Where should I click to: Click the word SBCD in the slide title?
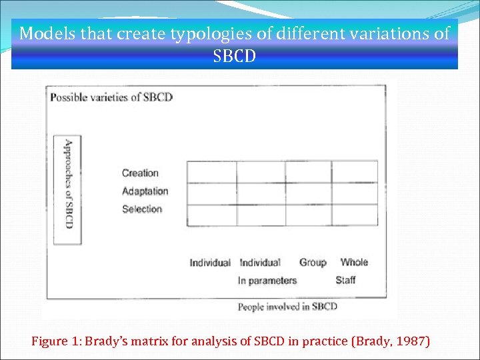click(x=234, y=55)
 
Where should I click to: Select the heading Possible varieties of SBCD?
click(x=111, y=97)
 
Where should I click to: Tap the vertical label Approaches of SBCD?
click(x=67, y=184)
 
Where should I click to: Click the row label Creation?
click(x=140, y=173)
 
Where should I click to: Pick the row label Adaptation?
click(x=145, y=191)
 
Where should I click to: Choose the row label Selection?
click(x=142, y=209)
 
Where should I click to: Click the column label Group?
click(x=313, y=263)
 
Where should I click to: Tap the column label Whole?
click(x=354, y=263)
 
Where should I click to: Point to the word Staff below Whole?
click(x=345, y=280)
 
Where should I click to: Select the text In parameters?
click(x=267, y=281)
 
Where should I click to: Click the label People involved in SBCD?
click(x=287, y=307)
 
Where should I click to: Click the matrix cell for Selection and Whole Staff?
click(x=355, y=215)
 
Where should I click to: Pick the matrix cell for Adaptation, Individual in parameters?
click(x=261, y=193)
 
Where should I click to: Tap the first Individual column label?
click(x=210, y=263)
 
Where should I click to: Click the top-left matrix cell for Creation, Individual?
click(x=212, y=172)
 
